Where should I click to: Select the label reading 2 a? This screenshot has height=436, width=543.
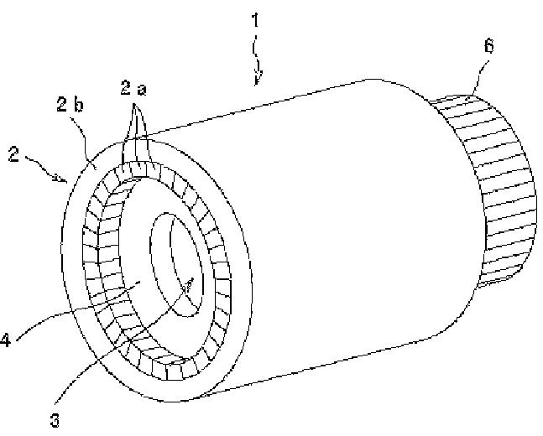pyautogui.click(x=132, y=87)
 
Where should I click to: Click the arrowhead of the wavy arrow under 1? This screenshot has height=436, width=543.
pyautogui.click(x=258, y=82)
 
